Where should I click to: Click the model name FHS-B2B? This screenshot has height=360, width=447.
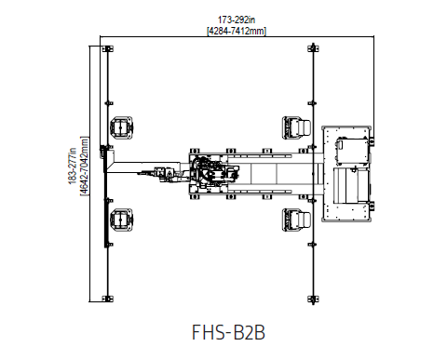click(x=228, y=332)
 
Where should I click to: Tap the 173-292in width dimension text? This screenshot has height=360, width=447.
click(x=237, y=20)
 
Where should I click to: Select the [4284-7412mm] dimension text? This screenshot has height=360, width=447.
click(x=237, y=31)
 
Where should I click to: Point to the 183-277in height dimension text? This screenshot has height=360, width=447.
click(x=73, y=166)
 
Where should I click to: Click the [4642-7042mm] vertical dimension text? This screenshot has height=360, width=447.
click(x=85, y=166)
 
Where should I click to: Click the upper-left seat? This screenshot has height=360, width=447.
click(x=121, y=127)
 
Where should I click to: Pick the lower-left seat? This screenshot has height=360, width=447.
click(x=121, y=220)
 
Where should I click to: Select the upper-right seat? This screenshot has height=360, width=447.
click(x=296, y=127)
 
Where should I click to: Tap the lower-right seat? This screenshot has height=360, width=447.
click(x=296, y=220)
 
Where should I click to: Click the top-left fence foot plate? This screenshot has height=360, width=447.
click(x=108, y=48)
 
